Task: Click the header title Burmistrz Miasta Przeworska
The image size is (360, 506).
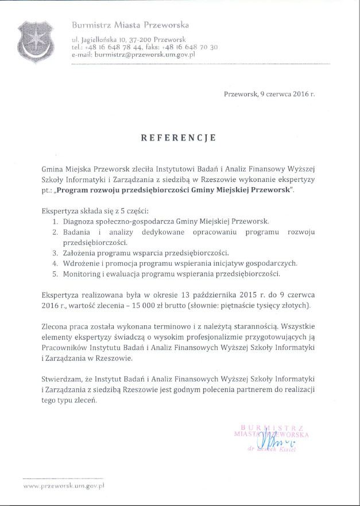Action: (x=130, y=25)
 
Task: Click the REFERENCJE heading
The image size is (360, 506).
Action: (x=179, y=138)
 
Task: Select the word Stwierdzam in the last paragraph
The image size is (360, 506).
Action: (x=62, y=379)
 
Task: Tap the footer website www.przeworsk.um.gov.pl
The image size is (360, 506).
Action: (x=63, y=485)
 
